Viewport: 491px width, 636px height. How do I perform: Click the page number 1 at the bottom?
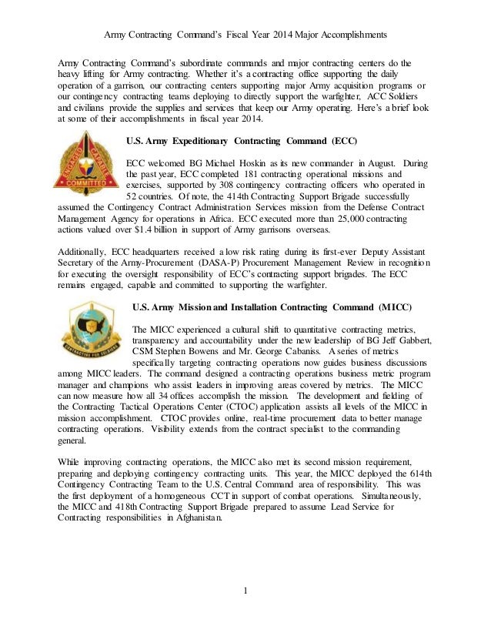coord(245,591)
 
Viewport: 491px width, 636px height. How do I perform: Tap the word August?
coord(378,163)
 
